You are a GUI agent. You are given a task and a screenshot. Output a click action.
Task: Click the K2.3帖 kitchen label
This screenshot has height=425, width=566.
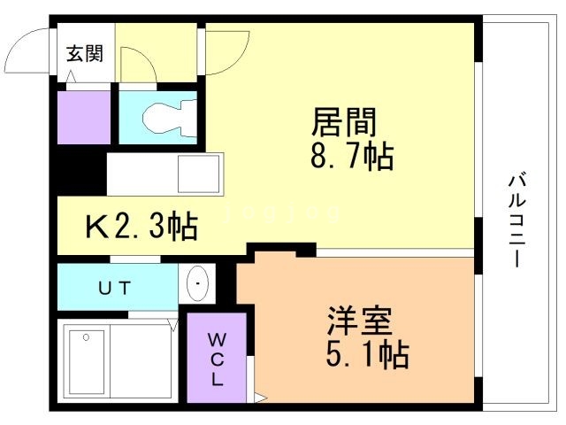141,228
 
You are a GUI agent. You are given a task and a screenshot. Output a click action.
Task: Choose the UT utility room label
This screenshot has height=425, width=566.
114,287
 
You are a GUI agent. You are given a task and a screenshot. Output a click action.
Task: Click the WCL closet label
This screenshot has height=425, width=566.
218,359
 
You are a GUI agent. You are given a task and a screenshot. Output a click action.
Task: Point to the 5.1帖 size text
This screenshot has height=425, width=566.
368,355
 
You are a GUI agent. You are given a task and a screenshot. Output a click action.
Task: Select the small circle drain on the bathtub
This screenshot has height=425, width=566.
85,337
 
